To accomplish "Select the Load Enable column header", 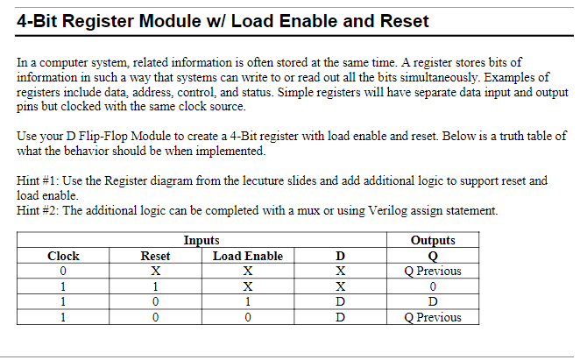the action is tap(248, 256).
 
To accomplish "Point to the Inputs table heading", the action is tap(202, 241).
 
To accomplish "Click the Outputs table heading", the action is tap(433, 241).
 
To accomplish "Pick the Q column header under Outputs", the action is tap(433, 256).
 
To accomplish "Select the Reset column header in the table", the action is tap(155, 256).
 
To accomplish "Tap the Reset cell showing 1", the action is tap(155, 286).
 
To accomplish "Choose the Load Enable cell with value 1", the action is tap(248, 301).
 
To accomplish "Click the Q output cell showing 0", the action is tap(433, 286).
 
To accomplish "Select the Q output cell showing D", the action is tap(433, 301).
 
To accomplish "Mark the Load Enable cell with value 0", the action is tap(248, 317).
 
